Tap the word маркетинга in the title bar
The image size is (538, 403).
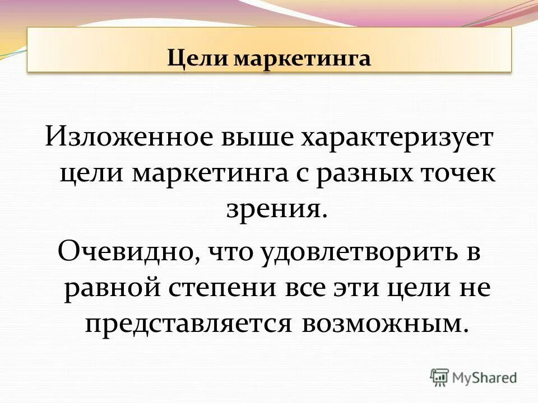(298, 59)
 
